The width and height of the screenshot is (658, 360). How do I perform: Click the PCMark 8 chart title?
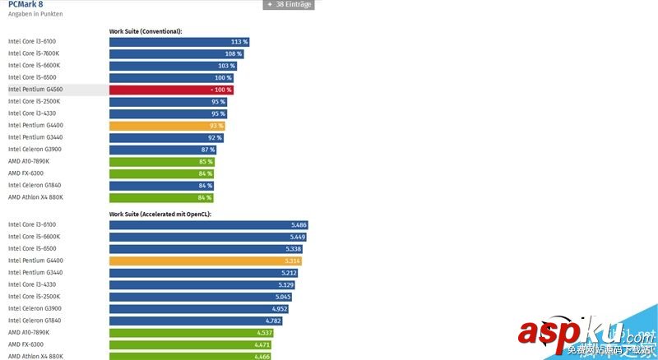[25, 4]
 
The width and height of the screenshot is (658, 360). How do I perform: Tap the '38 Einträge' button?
[289, 4]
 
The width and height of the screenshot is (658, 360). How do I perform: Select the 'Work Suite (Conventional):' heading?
[146, 31]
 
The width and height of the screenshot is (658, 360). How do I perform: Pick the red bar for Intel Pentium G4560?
[171, 90]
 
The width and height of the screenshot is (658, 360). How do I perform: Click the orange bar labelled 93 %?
[167, 126]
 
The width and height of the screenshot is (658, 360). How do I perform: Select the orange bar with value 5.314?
[206, 261]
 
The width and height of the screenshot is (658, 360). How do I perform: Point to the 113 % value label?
[239, 42]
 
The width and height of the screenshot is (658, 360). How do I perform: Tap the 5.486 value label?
[299, 224]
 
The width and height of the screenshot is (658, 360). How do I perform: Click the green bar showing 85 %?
[161, 161]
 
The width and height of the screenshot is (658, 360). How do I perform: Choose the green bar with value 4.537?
[191, 333]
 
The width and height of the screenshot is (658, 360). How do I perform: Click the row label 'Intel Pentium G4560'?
[36, 90]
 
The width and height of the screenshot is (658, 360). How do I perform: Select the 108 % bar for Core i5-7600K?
[176, 53]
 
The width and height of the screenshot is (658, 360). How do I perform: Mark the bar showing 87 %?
[163, 150]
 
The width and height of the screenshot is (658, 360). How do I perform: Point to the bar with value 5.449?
[207, 237]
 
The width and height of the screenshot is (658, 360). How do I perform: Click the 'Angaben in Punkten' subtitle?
[35, 15]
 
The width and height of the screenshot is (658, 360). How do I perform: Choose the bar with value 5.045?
[200, 297]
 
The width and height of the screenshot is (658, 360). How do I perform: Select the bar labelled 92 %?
[166, 137]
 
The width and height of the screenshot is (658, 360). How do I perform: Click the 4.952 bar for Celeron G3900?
[198, 309]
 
